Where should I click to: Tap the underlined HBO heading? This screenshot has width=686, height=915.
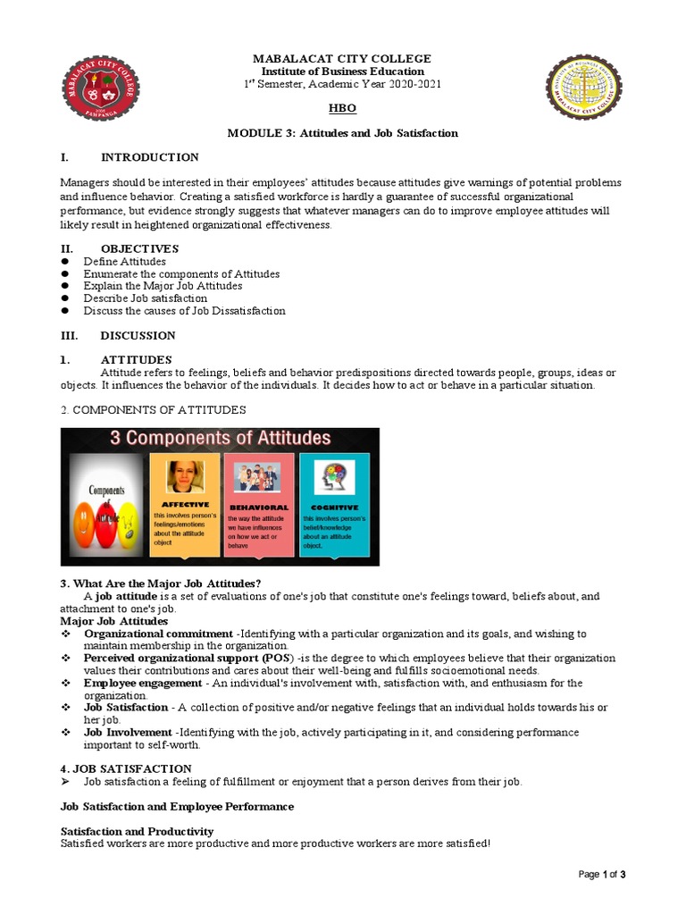click(x=342, y=107)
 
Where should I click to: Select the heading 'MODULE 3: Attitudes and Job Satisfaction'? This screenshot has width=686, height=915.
click(x=342, y=133)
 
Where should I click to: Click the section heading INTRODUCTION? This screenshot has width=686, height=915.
click(x=149, y=157)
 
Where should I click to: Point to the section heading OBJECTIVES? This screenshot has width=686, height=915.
click(x=139, y=248)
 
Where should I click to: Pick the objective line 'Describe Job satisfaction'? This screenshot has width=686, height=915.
click(x=145, y=298)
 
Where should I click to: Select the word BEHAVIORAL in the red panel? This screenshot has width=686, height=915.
click(x=257, y=506)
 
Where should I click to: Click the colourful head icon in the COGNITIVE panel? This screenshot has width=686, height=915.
click(x=334, y=475)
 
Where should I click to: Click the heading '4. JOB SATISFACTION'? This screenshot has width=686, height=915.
click(x=126, y=768)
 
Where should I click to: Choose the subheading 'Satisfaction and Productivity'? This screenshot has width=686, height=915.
click(x=137, y=831)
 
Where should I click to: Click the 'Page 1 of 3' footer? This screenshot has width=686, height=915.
click(x=602, y=875)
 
